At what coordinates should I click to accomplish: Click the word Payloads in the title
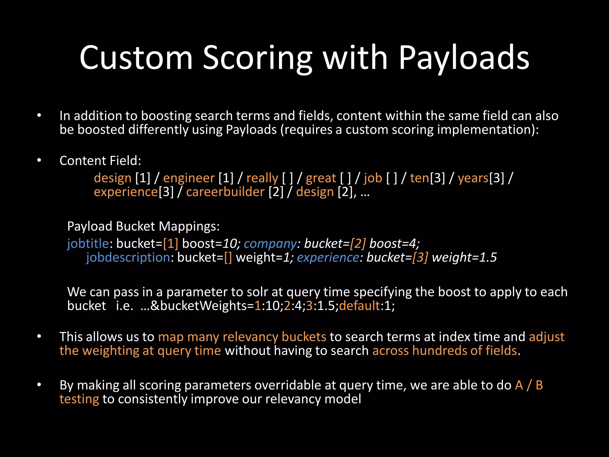tap(464, 58)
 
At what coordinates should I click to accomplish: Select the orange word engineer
tap(189, 178)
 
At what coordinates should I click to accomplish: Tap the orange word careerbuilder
tap(225, 192)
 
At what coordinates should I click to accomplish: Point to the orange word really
tap(262, 178)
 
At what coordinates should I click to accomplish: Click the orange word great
tap(321, 178)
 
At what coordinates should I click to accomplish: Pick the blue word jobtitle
tap(88, 244)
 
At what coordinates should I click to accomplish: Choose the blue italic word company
tap(270, 244)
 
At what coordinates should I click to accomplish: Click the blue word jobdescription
tap(128, 257)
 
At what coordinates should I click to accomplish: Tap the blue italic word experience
tap(328, 257)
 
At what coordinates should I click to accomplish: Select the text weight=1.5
tap(464, 257)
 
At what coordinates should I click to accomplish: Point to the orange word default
tap(360, 306)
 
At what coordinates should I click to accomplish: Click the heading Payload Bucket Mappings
tap(143, 226)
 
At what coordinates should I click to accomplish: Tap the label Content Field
tap(100, 161)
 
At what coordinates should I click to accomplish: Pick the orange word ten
tap(420, 178)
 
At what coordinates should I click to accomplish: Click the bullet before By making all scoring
tap(39, 385)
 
